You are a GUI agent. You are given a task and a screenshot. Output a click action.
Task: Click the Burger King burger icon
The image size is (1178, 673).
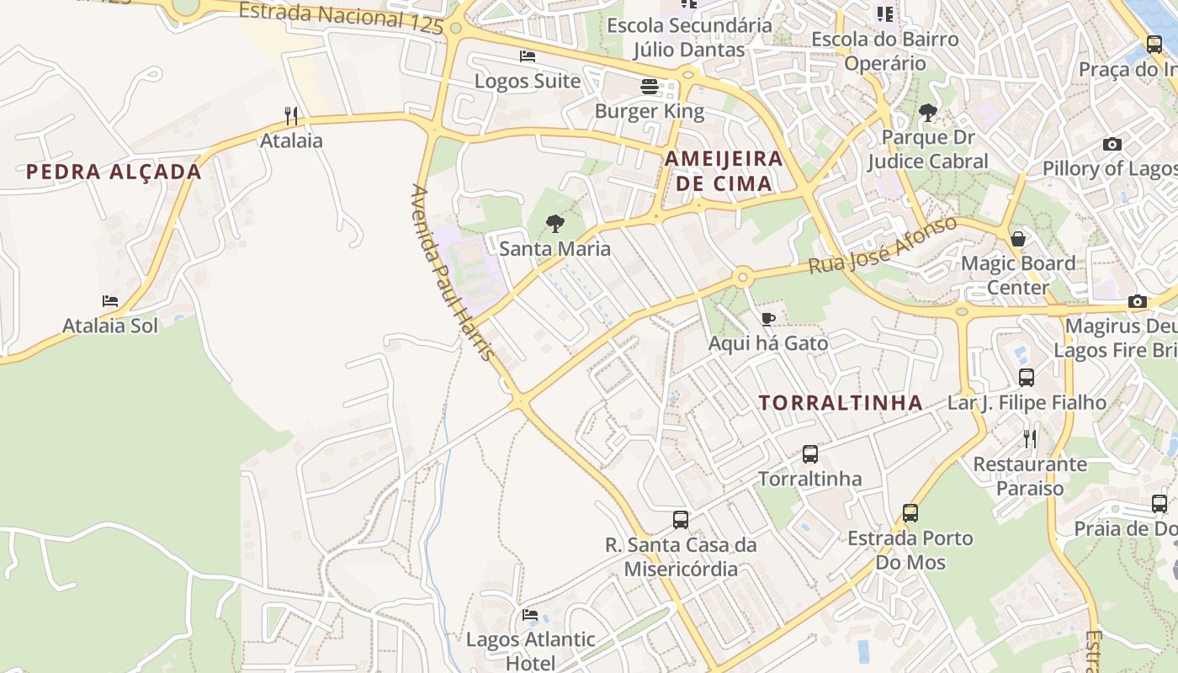coord(649,86)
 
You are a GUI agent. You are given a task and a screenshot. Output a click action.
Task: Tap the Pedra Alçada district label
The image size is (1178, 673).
coord(114,172)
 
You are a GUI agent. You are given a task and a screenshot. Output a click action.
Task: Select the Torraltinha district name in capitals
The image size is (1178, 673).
coord(841,403)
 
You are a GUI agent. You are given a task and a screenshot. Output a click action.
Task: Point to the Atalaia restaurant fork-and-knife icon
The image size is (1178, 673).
coord(291,115)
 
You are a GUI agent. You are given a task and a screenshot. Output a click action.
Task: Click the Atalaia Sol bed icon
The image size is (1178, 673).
coord(110,300)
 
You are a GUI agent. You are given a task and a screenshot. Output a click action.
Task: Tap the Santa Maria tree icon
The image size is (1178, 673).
coord(555,224)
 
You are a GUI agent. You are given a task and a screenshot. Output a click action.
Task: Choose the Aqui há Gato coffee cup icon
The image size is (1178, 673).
coord(767,319)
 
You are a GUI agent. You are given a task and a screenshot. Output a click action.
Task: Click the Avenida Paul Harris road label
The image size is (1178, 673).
coord(452,273)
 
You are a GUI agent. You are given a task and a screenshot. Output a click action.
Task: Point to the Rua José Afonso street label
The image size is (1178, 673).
coord(883,245)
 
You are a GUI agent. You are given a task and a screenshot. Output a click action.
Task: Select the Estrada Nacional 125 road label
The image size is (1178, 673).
coord(341,18)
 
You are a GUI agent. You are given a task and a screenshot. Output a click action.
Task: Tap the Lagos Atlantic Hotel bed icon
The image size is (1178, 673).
coord(530,615)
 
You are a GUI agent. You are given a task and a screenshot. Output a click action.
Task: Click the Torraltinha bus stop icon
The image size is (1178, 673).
coord(809,454)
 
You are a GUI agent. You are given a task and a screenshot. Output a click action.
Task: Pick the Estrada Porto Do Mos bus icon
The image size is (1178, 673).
coord(910,513)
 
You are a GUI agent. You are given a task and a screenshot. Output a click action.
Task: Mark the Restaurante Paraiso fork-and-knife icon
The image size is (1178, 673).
coord(1029,439)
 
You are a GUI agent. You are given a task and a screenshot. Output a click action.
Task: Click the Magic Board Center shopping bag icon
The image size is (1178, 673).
coord(1018,239)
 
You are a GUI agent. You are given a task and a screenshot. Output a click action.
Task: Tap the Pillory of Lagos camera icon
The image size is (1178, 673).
coord(1112,144)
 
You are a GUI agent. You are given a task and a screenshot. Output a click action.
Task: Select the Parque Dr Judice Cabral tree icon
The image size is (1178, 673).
coord(928,113)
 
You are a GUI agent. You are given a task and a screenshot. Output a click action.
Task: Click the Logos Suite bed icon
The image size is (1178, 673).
coord(528,56)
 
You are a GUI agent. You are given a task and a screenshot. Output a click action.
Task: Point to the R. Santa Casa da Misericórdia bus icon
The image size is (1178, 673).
coord(681,520)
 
